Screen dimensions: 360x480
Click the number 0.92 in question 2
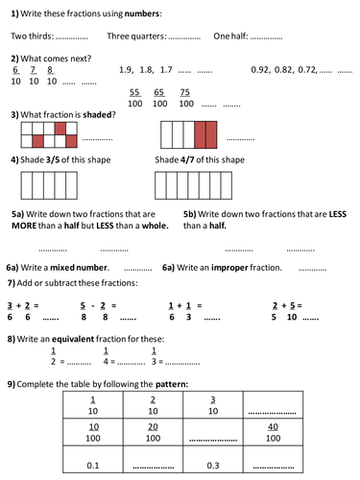click(261, 69)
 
